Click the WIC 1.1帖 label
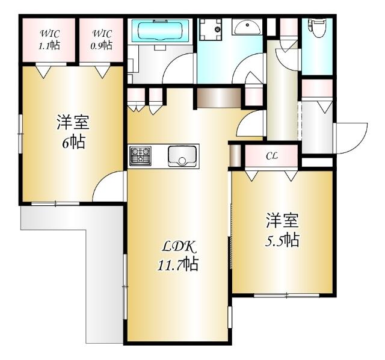click(49, 40)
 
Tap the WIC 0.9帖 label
click(102, 40)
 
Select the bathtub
click(161, 31)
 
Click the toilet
click(318, 28)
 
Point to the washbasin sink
click(247, 26)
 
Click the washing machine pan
click(211, 29)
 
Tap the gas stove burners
click(140, 156)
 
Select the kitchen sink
click(182, 157)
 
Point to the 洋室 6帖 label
click(73, 132)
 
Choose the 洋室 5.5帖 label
click(282, 230)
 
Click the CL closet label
click(271, 156)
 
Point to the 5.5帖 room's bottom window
click(286, 296)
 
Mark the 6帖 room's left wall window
click(20, 134)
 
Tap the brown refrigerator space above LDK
click(219, 98)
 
